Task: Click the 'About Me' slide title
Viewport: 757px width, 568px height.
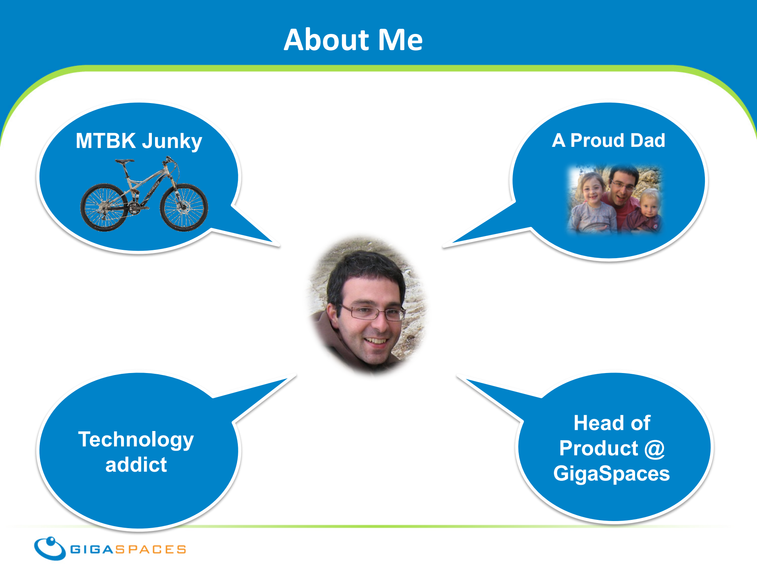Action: pos(353,40)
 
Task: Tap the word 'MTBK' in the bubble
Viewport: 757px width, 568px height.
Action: pos(106,141)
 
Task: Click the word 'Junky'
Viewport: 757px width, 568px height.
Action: pos(172,142)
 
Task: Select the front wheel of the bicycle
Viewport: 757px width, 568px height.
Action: pos(184,207)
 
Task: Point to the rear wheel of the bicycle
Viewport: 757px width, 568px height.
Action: pos(104,207)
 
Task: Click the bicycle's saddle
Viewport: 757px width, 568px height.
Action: pos(124,161)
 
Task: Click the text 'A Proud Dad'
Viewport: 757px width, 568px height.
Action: pos(609,141)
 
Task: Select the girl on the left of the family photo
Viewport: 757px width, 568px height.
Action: pos(592,203)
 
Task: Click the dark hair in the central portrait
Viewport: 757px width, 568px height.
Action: pos(365,272)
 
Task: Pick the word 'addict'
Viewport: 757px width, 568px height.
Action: pos(136,465)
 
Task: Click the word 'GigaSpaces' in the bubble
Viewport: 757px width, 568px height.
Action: pos(611,474)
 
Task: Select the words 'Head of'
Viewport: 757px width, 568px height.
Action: pos(612,423)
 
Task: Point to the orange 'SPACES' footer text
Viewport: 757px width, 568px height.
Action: pos(150,549)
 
